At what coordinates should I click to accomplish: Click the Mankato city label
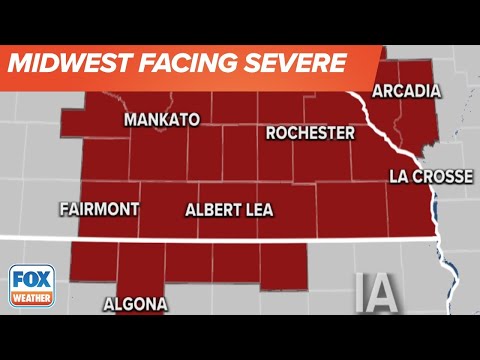tap(161, 120)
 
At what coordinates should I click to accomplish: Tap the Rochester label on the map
tap(310, 133)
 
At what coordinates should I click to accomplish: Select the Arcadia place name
tap(406, 92)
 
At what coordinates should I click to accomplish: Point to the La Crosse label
tap(430, 177)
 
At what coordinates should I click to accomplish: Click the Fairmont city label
tap(98, 210)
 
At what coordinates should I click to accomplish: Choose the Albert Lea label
tap(236, 210)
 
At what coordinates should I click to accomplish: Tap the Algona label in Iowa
tap(135, 304)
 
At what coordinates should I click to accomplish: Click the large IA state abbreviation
tap(376, 293)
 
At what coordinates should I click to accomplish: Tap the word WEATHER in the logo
tap(32, 298)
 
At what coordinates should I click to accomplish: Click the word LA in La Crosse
tap(397, 177)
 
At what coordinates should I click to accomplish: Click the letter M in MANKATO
tap(130, 120)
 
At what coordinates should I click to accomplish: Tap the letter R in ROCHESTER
tap(271, 133)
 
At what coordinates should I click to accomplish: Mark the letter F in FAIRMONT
tap(64, 210)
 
